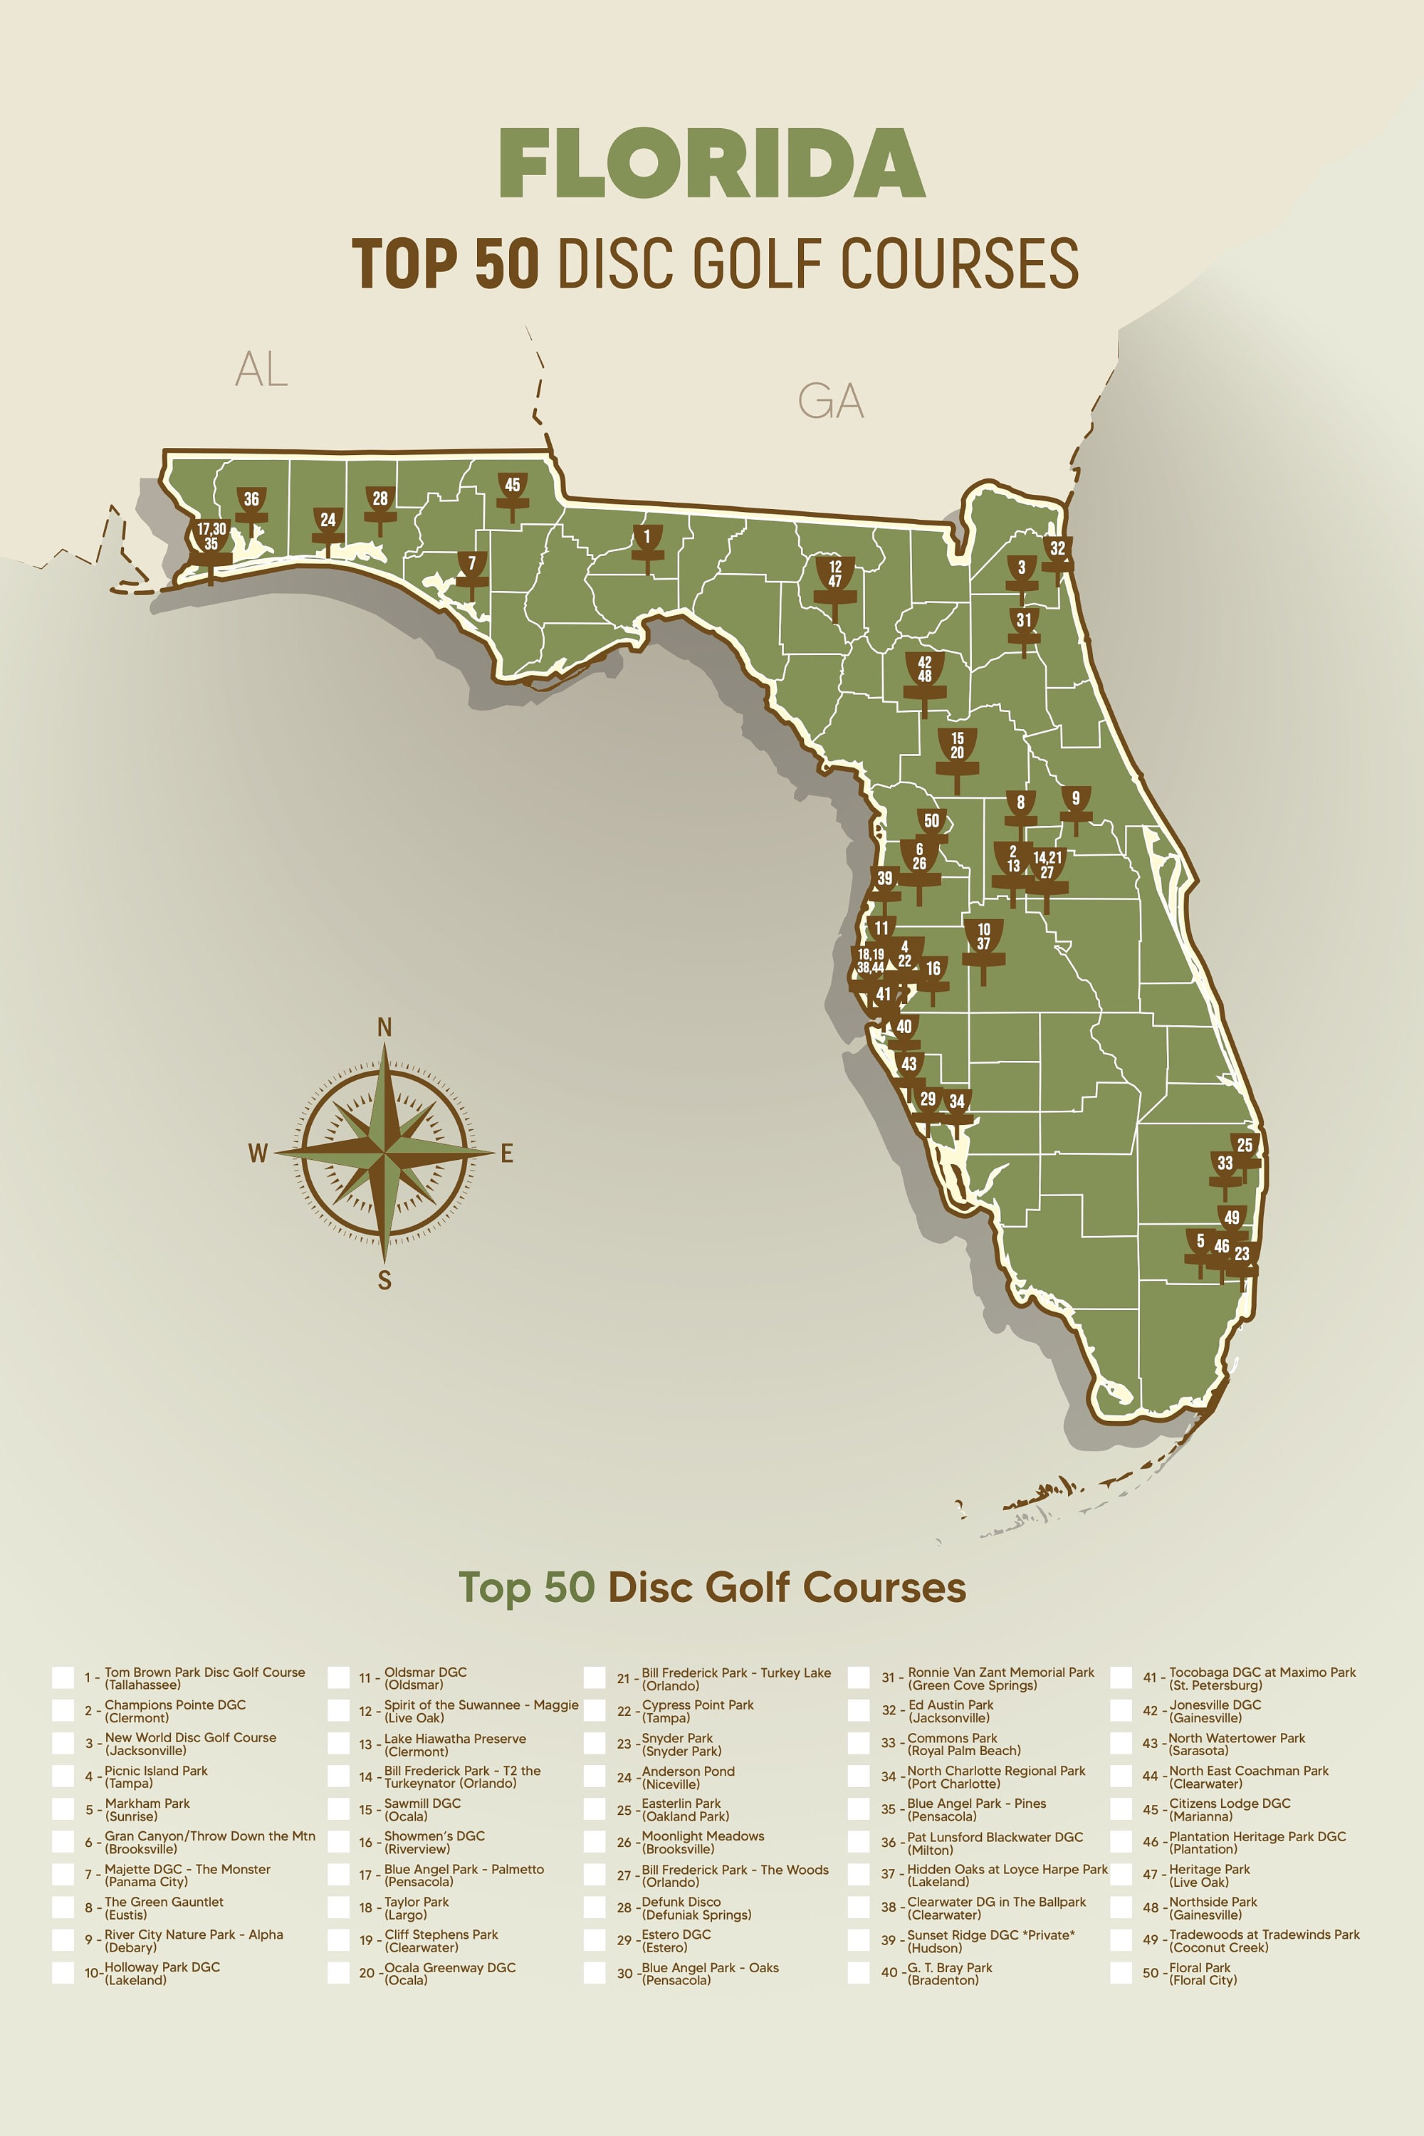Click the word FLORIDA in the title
(712, 164)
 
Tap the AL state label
(261, 369)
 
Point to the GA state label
(830, 400)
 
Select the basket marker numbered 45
(512, 491)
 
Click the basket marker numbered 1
(646, 542)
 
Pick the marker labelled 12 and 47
(834, 580)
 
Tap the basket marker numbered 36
(251, 504)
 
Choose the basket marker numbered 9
(1075, 804)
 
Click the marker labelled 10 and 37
(983, 942)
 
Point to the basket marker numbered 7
(471, 568)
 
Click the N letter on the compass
(384, 1027)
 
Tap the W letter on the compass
(258, 1153)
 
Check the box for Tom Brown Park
(63, 1677)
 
